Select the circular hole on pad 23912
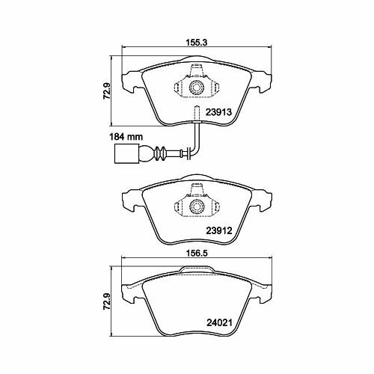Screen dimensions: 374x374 tap(197, 205)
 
